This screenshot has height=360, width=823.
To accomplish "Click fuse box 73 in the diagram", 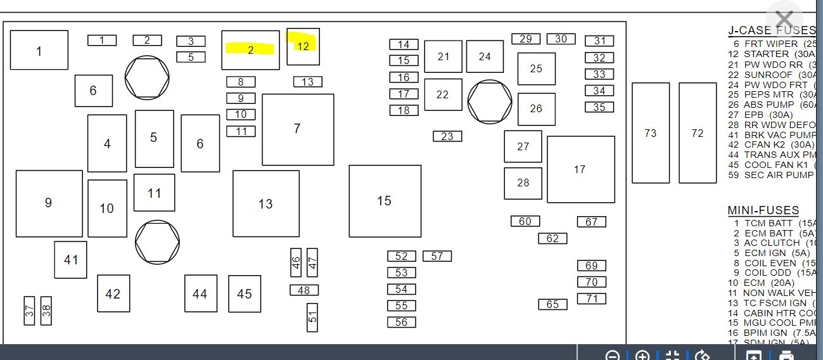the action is coord(651,133).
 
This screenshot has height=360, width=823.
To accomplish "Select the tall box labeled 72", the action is coord(698,133).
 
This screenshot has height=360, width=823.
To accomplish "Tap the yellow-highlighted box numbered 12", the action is coord(303,46).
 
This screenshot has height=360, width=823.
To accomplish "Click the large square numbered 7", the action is coord(298,129).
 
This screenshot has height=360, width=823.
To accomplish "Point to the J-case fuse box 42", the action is coord(113,293).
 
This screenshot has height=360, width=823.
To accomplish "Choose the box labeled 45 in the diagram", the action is coord(245,293).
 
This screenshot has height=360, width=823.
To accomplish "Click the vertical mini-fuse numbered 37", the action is coord(29,311).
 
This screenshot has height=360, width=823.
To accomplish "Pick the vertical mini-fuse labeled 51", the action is coord(312,318).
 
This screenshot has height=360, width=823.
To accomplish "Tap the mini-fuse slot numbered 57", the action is coord(437,256).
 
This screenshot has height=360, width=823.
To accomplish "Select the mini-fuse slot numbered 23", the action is coord(447,136).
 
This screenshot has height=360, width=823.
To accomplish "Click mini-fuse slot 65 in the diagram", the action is coord(552,304).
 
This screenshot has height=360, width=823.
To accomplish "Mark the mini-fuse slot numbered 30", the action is coord(561,39).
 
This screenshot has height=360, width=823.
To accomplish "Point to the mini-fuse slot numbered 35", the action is coord(599,107).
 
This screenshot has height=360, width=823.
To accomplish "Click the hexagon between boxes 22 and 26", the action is coord(490,101).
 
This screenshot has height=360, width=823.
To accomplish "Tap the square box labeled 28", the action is coord(523,183).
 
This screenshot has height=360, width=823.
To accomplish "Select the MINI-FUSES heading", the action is coord(763,210).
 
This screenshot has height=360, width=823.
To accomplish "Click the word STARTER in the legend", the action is coord(766,54).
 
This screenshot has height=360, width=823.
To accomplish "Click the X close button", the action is coord(784,20).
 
